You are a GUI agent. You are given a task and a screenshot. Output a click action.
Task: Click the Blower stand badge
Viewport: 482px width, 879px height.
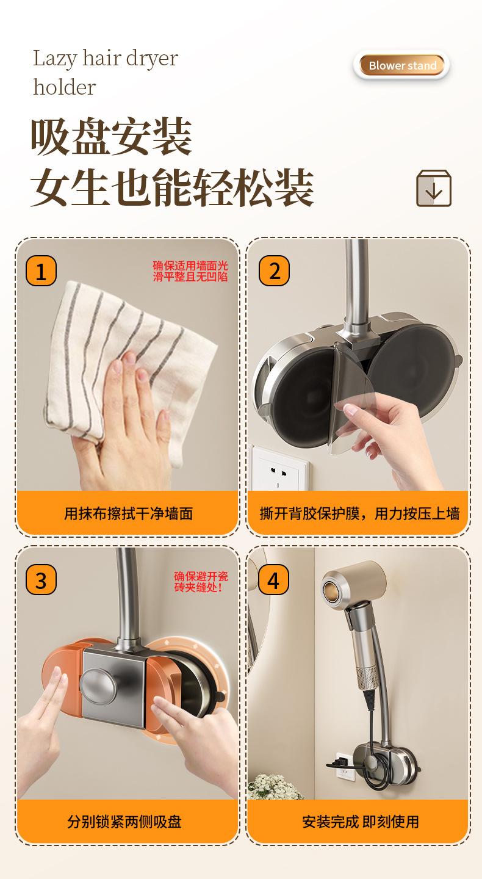tap(401, 65)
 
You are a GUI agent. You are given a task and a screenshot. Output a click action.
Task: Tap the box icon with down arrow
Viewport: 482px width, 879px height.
tap(433, 189)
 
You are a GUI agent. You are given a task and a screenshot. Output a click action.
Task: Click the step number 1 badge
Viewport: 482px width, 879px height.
tap(41, 271)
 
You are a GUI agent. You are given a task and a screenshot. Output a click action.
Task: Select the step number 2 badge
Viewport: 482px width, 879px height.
tap(274, 271)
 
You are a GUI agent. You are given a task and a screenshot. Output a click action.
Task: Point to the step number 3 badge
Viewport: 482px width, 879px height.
tap(41, 580)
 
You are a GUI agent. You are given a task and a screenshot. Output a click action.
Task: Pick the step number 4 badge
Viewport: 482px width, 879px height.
tap(273, 580)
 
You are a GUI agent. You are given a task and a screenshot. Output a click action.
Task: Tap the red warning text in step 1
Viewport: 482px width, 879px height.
tap(190, 271)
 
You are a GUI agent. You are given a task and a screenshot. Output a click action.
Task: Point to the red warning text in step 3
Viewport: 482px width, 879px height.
tap(201, 582)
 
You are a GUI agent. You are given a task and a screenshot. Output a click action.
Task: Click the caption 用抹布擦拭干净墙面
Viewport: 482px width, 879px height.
tap(129, 513)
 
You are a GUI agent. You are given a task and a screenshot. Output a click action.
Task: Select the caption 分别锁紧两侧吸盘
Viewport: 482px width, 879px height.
tap(124, 822)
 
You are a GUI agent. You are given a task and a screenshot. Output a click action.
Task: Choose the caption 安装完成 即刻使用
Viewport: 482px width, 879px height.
tap(361, 822)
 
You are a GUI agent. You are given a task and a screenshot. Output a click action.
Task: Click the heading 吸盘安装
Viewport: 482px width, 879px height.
tap(112, 137)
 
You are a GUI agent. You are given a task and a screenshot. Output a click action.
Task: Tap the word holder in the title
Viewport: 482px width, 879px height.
tap(64, 87)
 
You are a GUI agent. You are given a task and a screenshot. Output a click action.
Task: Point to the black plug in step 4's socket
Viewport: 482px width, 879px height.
tap(336, 764)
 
